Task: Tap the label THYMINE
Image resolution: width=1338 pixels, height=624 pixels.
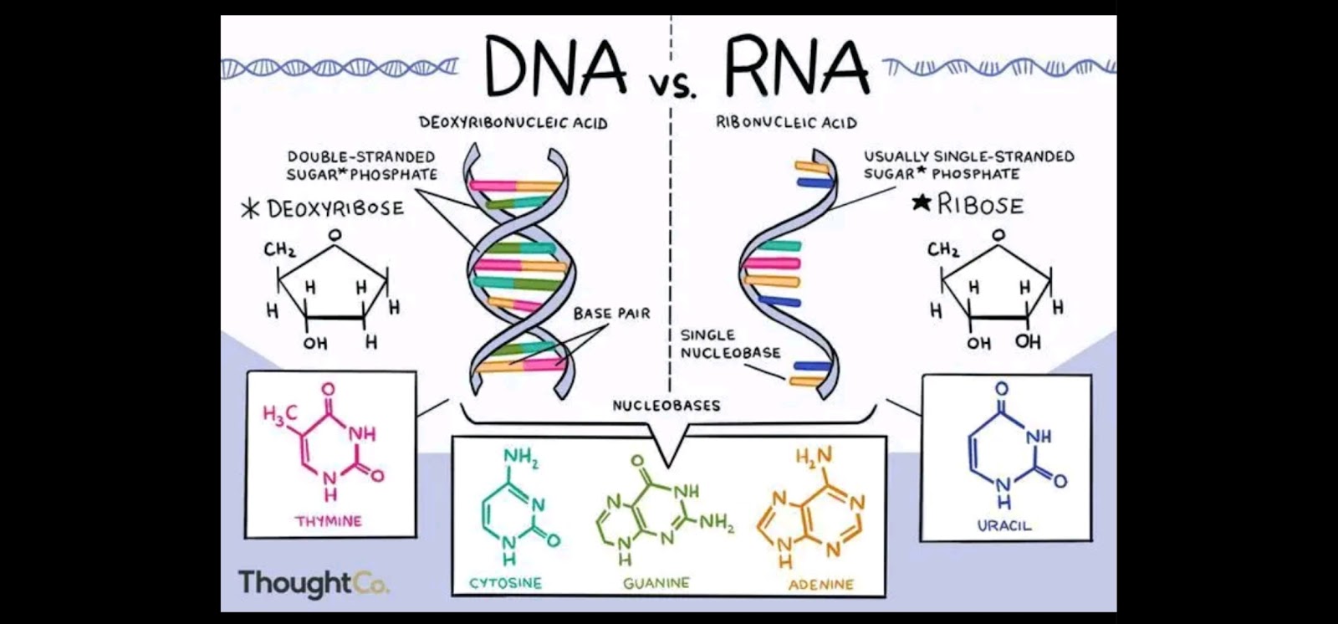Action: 329,521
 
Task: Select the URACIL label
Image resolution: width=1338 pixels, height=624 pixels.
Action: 1004,526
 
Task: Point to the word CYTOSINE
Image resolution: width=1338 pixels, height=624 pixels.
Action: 505,583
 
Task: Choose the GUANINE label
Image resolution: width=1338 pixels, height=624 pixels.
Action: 656,583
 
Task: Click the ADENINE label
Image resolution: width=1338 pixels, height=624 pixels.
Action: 820,585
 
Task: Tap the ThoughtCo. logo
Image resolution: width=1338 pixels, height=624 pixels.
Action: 314,582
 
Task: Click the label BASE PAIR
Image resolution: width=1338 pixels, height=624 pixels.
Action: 611,314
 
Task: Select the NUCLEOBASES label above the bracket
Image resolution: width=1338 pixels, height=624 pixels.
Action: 666,406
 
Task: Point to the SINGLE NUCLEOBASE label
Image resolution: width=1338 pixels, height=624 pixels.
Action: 729,344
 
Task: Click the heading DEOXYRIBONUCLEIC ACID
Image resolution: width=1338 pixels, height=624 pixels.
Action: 513,123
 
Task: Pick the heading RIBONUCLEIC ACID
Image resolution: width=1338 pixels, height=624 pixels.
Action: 786,123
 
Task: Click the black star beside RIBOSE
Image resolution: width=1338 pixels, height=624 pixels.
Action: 922,202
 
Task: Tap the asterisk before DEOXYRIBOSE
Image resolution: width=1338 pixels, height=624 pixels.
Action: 250,209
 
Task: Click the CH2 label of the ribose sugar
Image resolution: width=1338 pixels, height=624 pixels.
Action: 943,249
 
